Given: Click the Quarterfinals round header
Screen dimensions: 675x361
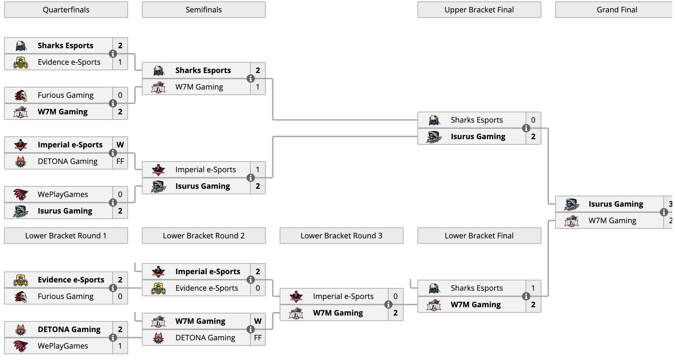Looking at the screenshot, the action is coord(66,10).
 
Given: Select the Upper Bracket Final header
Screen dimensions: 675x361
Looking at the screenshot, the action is coord(479,10).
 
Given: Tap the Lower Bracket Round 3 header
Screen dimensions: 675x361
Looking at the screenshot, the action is coord(341,236).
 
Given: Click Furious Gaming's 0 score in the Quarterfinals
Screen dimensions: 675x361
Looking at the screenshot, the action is coord(120,95).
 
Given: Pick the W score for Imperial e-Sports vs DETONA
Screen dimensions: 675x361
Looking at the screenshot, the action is coord(120,145).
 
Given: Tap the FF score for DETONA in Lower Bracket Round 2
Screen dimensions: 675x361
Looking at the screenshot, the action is coord(258,338).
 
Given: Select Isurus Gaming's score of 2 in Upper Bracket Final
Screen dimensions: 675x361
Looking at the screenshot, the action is coord(533,136).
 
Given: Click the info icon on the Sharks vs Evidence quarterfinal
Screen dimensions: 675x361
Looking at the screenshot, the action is coord(113,54).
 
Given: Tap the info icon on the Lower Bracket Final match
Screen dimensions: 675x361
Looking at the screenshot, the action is coord(526,296).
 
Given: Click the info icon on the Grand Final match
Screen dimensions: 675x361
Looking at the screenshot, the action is coord(664,212).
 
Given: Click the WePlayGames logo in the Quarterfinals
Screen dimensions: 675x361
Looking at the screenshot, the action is coord(21,194).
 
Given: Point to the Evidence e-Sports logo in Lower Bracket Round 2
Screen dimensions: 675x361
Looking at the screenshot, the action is coord(158,288).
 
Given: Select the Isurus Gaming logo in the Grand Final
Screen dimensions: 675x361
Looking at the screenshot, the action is coord(572,204).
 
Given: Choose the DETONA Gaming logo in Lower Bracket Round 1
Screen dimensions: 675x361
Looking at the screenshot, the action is coord(21,329).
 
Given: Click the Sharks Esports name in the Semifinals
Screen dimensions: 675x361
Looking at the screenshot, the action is coord(203,70).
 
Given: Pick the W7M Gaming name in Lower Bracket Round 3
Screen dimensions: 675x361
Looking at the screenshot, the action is coord(338,313).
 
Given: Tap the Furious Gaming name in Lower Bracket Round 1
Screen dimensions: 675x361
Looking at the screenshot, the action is coord(66,296).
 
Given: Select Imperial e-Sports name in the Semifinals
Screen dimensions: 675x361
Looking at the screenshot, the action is coord(206,169).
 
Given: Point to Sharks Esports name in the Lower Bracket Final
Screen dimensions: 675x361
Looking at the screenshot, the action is coord(477,288).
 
